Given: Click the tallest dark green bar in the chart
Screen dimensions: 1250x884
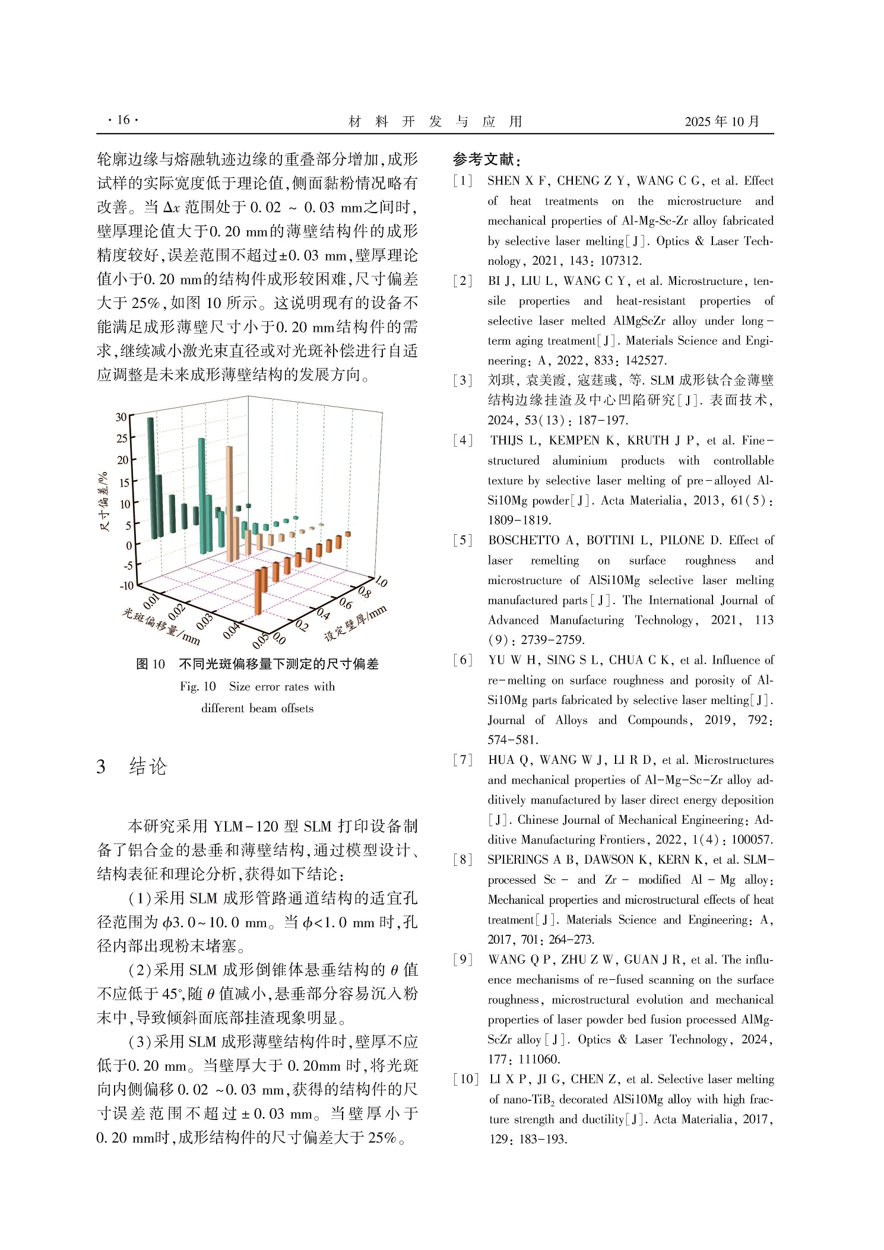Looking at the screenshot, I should [x=152, y=475].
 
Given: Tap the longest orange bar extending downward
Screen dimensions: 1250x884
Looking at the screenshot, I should [x=258, y=591].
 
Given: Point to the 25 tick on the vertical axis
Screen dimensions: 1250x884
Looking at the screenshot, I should [x=122, y=439].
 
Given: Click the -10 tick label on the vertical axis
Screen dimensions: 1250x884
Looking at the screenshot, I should [x=126, y=586].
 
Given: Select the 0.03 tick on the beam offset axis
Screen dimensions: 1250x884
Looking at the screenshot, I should [x=204, y=621].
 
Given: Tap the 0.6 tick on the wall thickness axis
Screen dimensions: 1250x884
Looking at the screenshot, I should [x=345, y=604].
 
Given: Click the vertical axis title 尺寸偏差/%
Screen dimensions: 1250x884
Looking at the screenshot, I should [x=104, y=502].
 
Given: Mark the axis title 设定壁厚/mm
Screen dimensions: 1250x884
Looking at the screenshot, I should [x=355, y=623].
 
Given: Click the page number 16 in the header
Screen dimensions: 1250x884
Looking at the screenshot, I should [x=123, y=120].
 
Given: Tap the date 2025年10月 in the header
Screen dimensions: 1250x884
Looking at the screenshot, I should [x=721, y=122].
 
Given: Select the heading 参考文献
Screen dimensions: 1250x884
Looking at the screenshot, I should [x=486, y=159].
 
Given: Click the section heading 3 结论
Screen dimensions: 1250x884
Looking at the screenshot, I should [x=132, y=766].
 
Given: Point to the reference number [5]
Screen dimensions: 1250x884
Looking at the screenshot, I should [x=462, y=541].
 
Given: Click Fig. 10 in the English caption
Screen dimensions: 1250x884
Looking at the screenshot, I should [x=198, y=687].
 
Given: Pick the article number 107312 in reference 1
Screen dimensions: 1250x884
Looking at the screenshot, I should [x=620, y=261].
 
